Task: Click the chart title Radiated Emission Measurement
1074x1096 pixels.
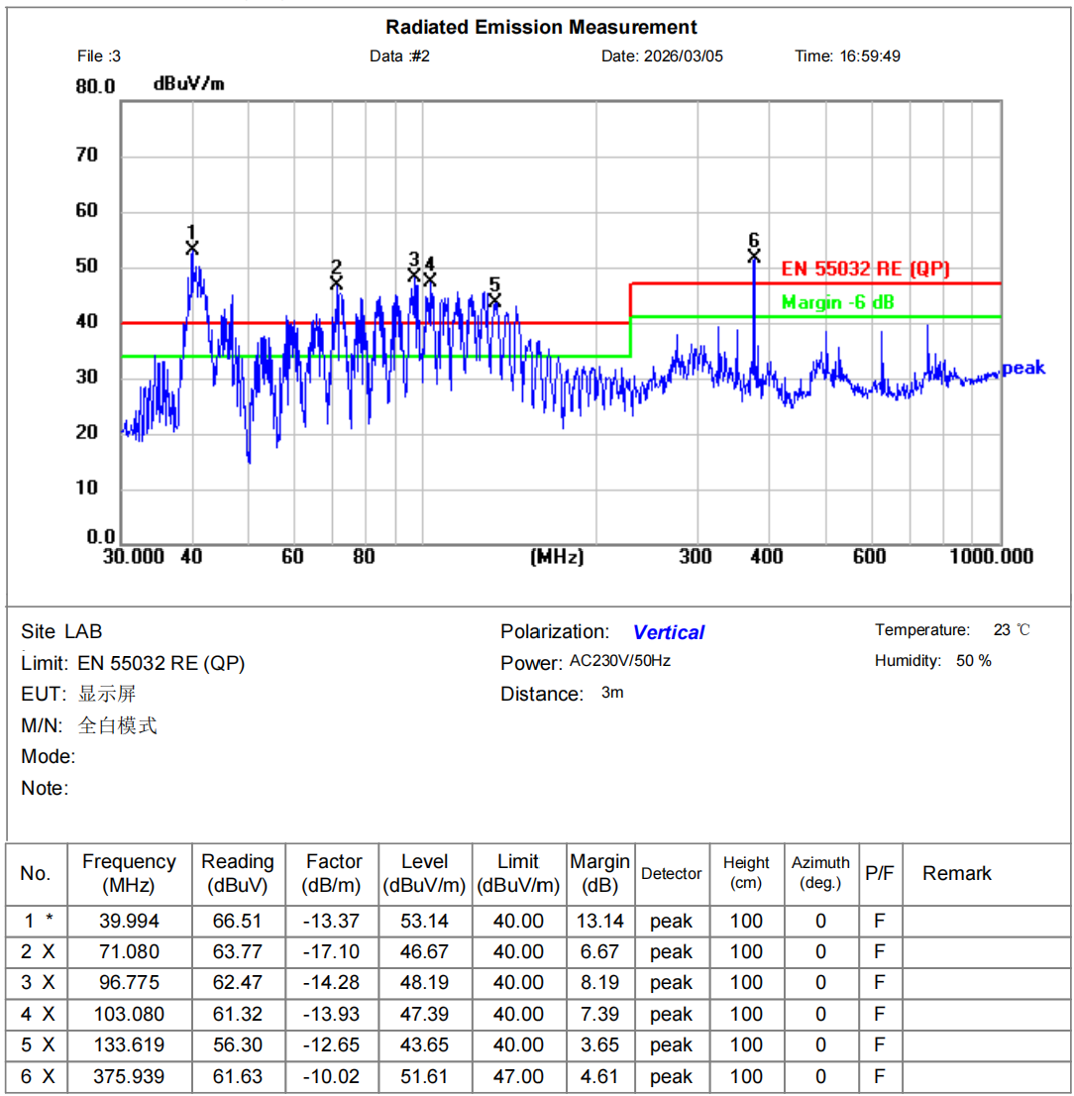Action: coord(541,27)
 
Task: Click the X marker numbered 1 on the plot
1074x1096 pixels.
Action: coord(192,248)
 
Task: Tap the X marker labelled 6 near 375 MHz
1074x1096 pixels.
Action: coord(754,256)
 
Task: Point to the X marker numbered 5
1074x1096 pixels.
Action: coord(494,299)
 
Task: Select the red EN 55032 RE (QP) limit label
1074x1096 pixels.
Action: coord(866,269)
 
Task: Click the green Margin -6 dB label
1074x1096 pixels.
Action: coord(837,302)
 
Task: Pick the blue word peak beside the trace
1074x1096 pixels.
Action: coord(1023,369)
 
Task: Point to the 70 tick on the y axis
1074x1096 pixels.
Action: coord(87,155)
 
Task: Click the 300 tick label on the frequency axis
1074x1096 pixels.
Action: coord(696,556)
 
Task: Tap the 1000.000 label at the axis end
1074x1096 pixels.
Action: coord(992,556)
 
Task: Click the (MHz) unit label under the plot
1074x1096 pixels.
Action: coord(558,556)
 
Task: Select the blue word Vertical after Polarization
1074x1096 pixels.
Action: coord(668,632)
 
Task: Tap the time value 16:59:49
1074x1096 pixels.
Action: coord(870,55)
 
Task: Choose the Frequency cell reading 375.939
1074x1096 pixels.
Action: coord(129,1076)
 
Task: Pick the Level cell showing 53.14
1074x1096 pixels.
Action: coord(424,921)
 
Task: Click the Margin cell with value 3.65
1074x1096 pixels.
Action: coord(599,1045)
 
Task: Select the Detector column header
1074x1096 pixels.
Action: coord(671,873)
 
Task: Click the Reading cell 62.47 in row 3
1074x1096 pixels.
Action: coord(237,983)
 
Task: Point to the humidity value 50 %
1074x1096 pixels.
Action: coord(973,660)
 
